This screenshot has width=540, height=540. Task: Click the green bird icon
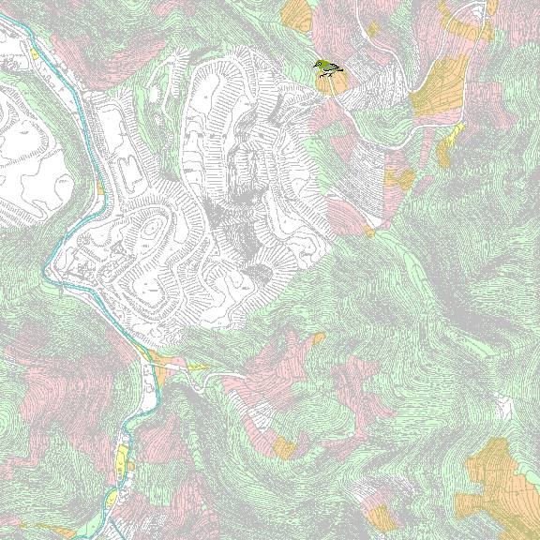tap(327, 67)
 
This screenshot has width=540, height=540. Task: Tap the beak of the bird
tap(315, 65)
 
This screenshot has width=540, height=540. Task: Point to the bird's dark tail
tap(339, 70)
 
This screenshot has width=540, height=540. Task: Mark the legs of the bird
tap(329, 73)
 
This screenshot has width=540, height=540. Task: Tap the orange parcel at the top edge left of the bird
tap(297, 14)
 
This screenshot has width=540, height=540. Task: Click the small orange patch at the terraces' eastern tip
tap(369, 229)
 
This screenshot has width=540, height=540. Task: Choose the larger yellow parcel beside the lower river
tap(122, 459)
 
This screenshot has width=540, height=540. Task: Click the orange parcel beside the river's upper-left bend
tap(99, 188)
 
